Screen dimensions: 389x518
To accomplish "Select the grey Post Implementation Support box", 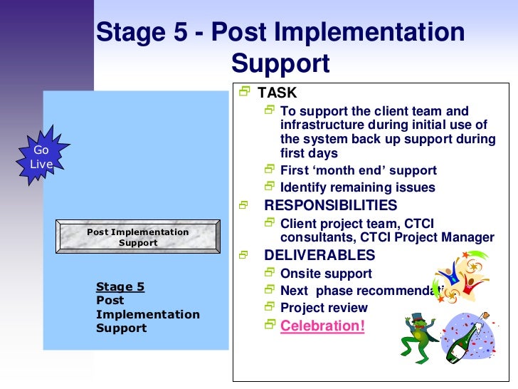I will (138, 237).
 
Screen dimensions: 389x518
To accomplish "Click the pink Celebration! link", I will (322, 326).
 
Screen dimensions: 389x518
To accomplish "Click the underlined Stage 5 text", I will (120, 286).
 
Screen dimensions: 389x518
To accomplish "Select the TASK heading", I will (277, 93).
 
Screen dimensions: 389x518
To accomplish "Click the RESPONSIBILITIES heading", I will (330, 205).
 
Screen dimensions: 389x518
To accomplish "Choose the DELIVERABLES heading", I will (319, 255).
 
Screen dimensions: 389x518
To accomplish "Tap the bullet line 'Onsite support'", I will (326, 274).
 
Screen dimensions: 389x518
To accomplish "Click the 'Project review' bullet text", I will (324, 308).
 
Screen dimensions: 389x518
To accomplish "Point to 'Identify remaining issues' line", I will (357, 188).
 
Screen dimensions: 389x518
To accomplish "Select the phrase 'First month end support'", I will (359, 171).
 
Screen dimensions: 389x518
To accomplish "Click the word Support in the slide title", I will (280, 63).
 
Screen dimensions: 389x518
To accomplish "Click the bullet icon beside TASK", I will (245, 92).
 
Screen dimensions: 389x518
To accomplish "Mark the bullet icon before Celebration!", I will (269, 325).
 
